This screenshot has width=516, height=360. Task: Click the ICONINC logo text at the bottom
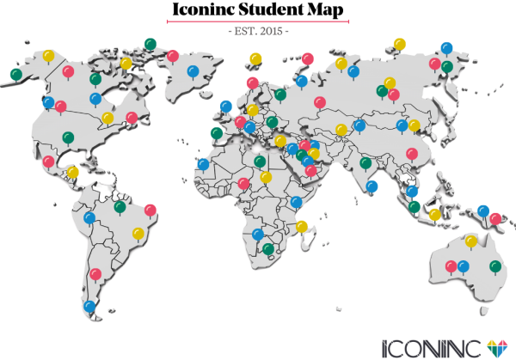(x=430, y=345)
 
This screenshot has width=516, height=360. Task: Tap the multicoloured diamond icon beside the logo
(x=497, y=345)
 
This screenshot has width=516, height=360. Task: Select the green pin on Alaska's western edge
(x=16, y=75)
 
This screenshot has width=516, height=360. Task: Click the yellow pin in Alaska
(x=49, y=58)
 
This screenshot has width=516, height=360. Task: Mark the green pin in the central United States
(x=68, y=137)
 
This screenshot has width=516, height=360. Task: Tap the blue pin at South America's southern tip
(x=89, y=306)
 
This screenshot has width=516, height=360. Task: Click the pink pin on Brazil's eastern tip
(x=150, y=209)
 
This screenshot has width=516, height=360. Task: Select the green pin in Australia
(x=495, y=265)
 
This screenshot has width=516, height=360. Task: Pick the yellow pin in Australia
(x=470, y=241)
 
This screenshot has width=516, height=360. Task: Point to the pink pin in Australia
(x=451, y=265)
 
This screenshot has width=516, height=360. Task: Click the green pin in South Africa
(x=268, y=249)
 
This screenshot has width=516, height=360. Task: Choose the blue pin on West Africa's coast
(x=203, y=163)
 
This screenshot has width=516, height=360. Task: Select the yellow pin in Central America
(x=72, y=172)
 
